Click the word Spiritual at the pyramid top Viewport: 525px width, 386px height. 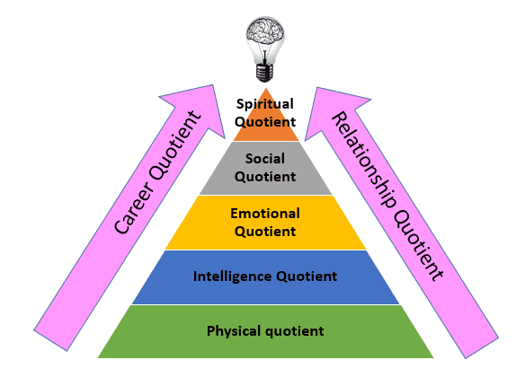click(265, 105)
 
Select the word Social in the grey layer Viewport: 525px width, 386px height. click(265, 158)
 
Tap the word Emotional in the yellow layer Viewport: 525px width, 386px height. click(265, 214)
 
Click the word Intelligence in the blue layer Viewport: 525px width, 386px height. click(232, 277)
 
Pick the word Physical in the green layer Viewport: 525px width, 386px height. click(234, 331)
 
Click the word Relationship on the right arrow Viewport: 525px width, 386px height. click(364, 160)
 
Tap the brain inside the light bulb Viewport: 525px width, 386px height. click(265, 31)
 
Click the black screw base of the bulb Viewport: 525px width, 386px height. click(264, 72)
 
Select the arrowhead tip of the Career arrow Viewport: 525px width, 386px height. click(213, 85)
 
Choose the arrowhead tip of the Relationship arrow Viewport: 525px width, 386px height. click(316, 88)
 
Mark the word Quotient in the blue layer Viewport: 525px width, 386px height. click(307, 277)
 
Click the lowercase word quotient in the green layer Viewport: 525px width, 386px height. click(294, 332)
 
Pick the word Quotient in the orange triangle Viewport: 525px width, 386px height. click(265, 122)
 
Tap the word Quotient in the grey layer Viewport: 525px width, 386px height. click(265, 177)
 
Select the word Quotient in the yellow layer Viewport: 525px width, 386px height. click(265, 232)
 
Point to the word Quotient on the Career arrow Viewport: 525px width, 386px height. click(175, 145)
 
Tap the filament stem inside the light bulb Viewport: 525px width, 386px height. click(265, 55)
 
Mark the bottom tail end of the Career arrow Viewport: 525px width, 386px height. click(50, 341)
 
